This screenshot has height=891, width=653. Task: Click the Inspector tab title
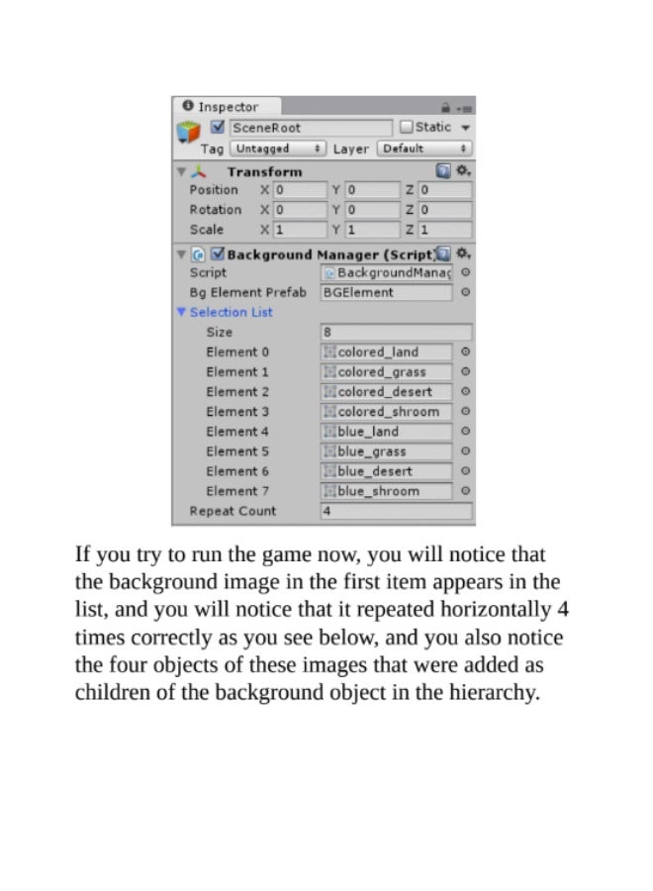click(228, 107)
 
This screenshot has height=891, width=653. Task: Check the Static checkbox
click(406, 128)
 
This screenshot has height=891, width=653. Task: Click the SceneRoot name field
click(310, 128)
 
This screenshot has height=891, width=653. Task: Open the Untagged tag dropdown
click(277, 148)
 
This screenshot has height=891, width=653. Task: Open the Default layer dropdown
click(425, 148)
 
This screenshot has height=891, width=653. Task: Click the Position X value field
click(300, 190)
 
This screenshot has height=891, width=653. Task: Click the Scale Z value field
click(444, 230)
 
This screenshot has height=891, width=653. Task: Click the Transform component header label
click(264, 171)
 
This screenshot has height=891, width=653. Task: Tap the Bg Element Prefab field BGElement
click(386, 293)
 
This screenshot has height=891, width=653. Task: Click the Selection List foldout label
click(231, 313)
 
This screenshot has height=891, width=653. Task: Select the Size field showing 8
click(396, 333)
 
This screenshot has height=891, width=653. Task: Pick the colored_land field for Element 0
click(387, 352)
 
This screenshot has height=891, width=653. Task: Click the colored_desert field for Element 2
click(387, 392)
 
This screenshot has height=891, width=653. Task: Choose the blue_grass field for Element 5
click(387, 451)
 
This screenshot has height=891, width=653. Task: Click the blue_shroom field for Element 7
click(387, 491)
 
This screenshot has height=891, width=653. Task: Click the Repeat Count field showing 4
click(396, 512)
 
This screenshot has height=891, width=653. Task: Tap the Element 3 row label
click(237, 412)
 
